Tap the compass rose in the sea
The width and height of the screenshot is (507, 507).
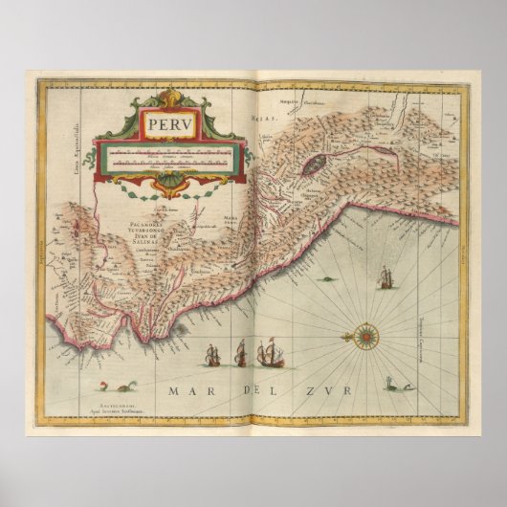(364, 336)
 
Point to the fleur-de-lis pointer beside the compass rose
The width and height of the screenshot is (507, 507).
(346, 337)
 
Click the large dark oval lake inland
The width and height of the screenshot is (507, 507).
(317, 165)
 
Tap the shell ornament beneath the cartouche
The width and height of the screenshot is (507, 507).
(168, 183)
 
